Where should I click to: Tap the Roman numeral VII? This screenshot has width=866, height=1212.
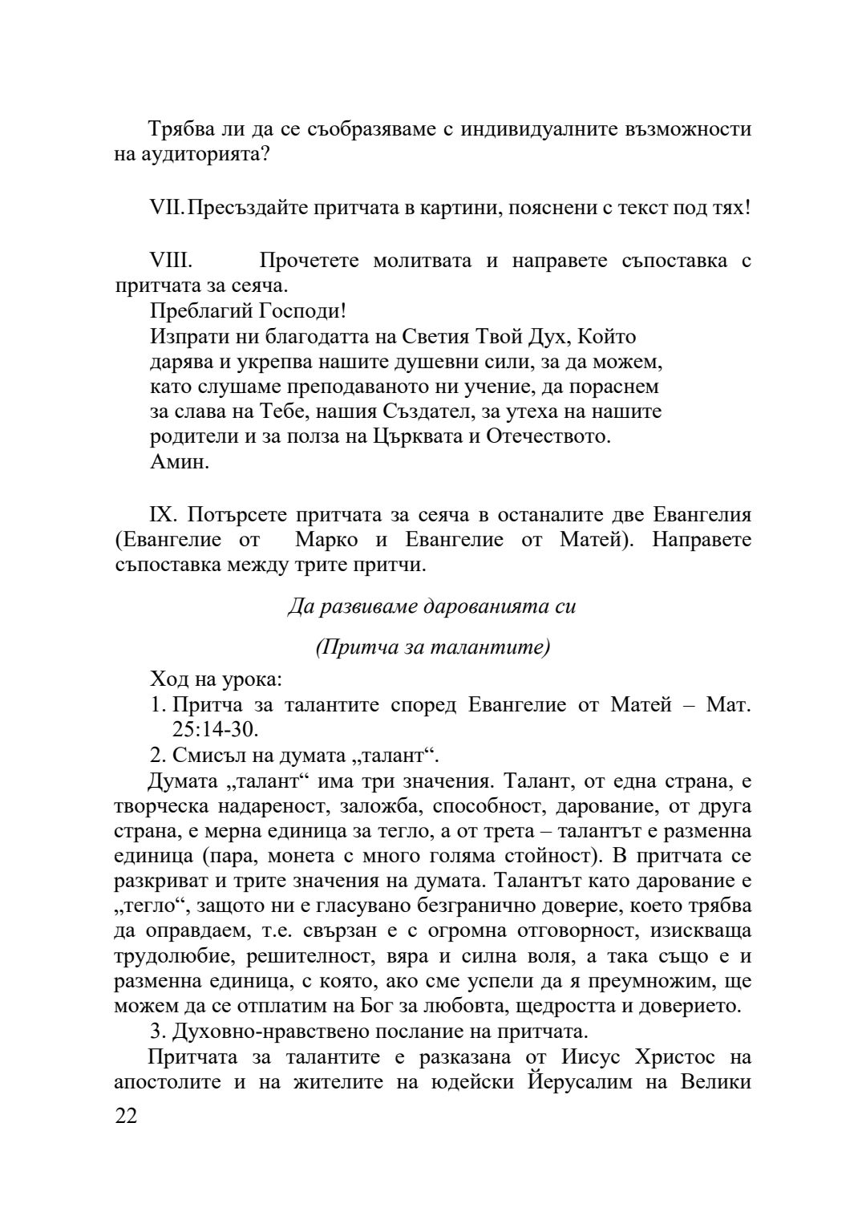(166, 207)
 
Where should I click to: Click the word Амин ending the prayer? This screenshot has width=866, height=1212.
(180, 462)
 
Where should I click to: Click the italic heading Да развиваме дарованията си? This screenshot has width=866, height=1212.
(431, 606)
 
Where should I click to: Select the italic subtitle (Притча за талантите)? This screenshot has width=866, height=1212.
(432, 647)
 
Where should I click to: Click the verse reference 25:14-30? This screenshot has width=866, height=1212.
(215, 729)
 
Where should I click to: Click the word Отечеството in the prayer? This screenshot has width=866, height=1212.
(548, 437)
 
